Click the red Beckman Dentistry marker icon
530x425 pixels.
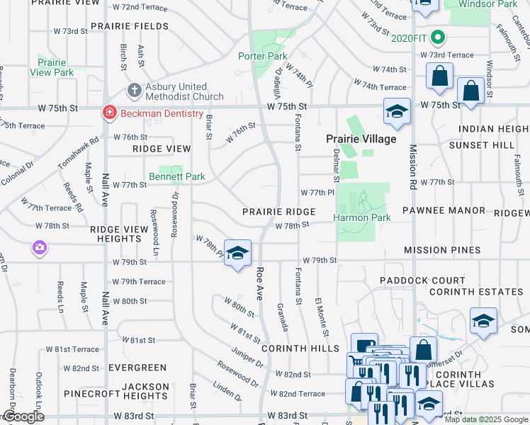tap(108, 113)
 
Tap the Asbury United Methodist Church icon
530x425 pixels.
tap(133, 90)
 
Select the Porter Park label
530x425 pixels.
tap(262, 56)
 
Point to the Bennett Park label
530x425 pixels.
tap(176, 176)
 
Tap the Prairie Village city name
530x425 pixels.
tap(361, 139)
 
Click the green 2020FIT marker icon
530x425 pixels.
tap(439, 38)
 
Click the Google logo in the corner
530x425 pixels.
tap(23, 416)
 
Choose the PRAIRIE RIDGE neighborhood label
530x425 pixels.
tap(278, 212)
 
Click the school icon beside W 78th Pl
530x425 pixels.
tap(238, 252)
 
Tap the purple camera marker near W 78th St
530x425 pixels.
tap(39, 248)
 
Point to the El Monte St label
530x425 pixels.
tap(322, 317)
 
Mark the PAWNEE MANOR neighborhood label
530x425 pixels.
tap(444, 210)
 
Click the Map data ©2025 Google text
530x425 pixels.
tap(486, 419)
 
